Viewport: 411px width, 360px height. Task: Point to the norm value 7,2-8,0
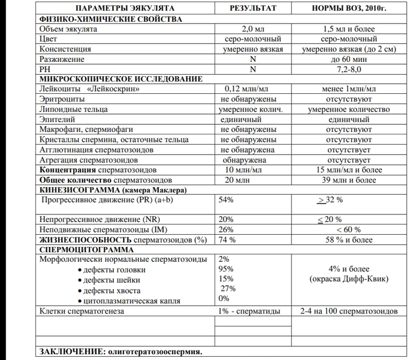tap(350, 69)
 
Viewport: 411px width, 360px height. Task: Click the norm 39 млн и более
tap(350, 180)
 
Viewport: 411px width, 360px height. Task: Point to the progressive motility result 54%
tap(226, 199)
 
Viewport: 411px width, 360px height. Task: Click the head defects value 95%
tap(226, 269)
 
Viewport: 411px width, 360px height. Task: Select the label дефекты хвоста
tap(110, 290)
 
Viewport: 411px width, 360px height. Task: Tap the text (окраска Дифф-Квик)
tap(350, 279)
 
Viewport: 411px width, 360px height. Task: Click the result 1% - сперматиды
tap(248, 310)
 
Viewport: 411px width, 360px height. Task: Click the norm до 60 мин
tap(350, 59)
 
